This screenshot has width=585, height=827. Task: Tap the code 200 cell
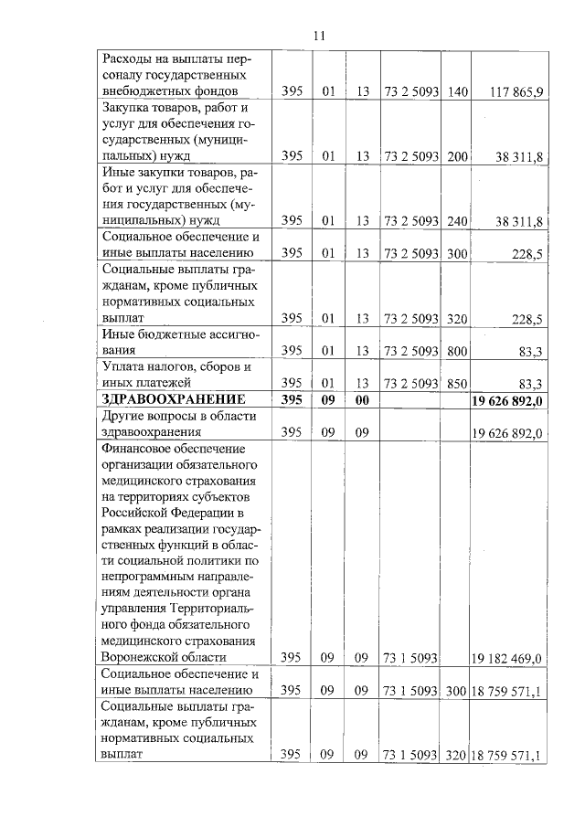458,157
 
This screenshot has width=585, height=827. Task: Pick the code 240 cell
458,220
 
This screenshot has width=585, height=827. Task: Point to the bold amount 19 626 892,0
507,399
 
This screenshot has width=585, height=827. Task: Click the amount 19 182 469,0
507,658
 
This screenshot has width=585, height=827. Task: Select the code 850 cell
458,384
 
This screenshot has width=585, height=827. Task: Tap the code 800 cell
458,350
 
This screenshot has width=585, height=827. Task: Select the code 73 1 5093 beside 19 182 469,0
410,658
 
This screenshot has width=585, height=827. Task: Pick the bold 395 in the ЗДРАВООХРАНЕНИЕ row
292,399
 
